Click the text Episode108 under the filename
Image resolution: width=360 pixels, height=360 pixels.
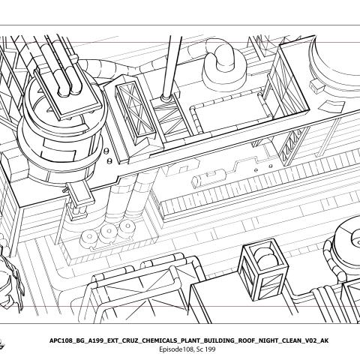pos(176,349)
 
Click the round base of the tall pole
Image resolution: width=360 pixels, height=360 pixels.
pos(166,97)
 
